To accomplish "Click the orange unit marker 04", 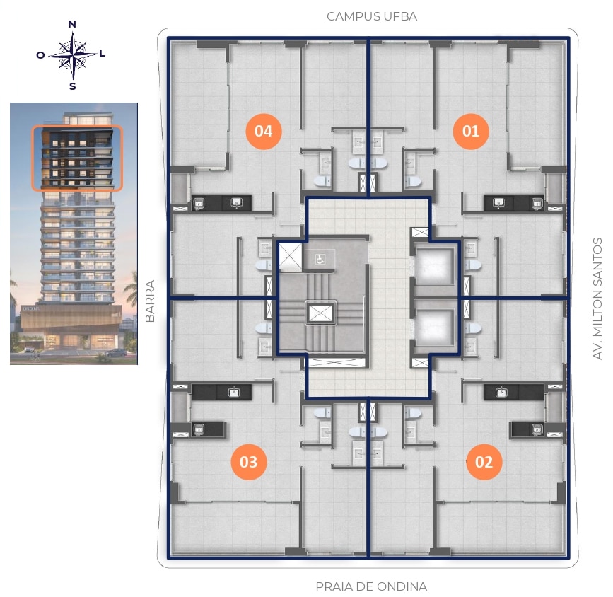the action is click(264, 131).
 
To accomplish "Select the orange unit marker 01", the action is click(471, 131).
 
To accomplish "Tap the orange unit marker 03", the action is click(249, 462).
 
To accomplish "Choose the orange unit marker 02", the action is click(484, 462).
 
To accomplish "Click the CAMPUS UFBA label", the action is click(372, 16).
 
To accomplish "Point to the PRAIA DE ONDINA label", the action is click(371, 586).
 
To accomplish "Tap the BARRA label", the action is click(150, 301).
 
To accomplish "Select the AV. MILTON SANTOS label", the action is click(597, 298).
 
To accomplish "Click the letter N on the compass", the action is click(72, 24).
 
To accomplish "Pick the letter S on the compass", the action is click(73, 86).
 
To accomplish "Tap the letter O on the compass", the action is click(40, 55).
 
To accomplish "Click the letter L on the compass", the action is click(103, 53).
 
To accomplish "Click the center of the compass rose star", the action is click(73, 54).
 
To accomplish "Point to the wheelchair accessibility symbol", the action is click(320, 259).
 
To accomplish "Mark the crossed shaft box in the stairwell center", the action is click(320, 313).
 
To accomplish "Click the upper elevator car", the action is click(433, 264).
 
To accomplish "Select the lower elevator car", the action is click(433, 327).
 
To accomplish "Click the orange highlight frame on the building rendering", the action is click(77, 127).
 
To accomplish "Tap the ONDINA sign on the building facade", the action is click(30, 309).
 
